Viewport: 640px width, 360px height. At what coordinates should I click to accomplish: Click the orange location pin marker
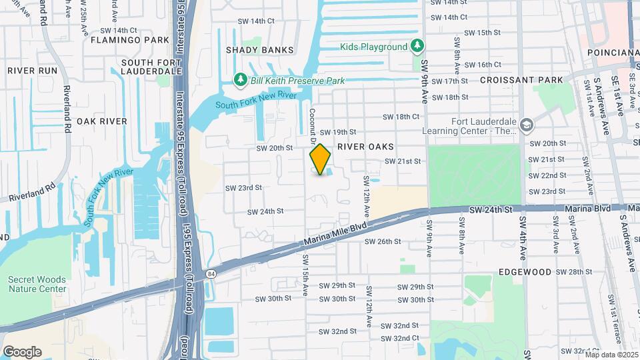pos(321,159)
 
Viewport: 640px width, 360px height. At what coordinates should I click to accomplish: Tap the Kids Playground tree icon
pos(417,46)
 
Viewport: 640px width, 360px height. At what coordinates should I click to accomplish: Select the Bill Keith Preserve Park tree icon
pos(241,80)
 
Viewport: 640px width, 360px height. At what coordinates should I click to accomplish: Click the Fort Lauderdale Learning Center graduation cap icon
pos(527,125)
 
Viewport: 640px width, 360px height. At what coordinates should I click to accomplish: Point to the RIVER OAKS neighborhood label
pos(365,146)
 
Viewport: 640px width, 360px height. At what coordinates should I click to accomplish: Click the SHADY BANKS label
pos(259,50)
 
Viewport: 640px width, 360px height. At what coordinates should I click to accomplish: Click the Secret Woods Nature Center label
pos(37,284)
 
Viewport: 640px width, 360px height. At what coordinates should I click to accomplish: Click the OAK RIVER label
pos(101,121)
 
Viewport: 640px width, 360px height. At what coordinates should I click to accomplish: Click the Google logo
pos(22,352)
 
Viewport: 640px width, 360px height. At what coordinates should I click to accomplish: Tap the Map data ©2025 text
pos(611,355)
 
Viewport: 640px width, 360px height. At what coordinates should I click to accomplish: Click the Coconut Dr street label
pos(311,124)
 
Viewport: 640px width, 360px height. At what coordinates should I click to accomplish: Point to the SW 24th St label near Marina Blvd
pos(490,209)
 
